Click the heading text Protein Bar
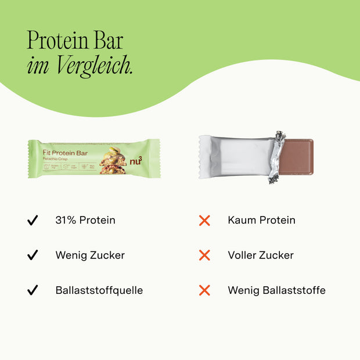75,41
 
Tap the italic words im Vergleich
80,66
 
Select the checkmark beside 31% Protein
33,221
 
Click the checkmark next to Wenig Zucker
33,255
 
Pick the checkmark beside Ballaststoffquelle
33,290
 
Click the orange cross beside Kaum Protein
204,221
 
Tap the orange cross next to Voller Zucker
204,255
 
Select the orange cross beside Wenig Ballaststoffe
204,290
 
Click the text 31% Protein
85,221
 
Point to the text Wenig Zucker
90,255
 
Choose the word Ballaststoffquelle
99,290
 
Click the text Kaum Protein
262,221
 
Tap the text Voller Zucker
261,255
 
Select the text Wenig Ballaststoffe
277,290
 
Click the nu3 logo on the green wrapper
136,160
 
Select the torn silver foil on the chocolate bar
277,156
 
